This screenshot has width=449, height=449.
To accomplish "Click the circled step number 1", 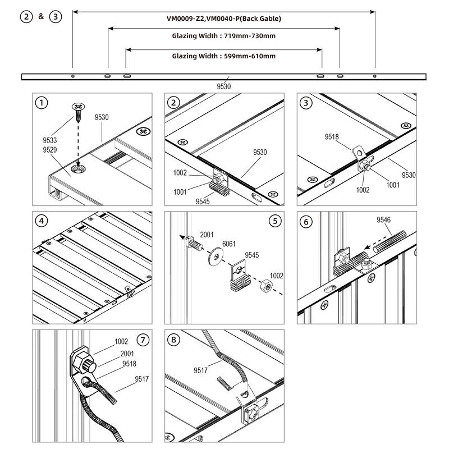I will (x=41, y=103).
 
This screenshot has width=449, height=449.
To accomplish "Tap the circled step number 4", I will (x=41, y=221).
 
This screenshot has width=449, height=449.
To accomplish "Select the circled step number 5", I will (x=274, y=221).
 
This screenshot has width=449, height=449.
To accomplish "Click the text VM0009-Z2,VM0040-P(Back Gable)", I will (x=223, y=19).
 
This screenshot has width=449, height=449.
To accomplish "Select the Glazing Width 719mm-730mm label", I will (x=223, y=36).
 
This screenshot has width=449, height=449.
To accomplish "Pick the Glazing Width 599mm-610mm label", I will (x=223, y=56).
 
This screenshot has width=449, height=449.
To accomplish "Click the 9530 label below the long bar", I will (x=223, y=86).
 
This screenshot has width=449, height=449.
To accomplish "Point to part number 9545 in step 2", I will (x=203, y=201).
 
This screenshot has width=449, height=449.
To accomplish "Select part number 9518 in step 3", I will (x=332, y=136).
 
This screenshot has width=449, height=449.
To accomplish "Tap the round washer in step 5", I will (x=216, y=256).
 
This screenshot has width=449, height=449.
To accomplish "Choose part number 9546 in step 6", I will (x=385, y=220).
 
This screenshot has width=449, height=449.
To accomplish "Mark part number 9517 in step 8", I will (x=201, y=370).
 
